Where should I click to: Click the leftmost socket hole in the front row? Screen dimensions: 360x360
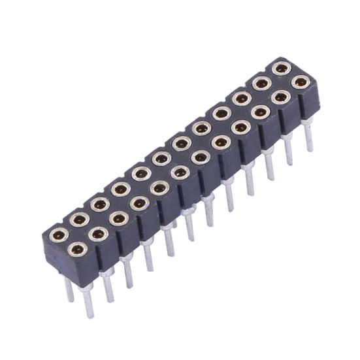click(76, 247)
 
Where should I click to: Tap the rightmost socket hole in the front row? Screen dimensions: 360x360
click(301, 82)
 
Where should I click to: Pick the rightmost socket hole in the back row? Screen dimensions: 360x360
click(282, 67)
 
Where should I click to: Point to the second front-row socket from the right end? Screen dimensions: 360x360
click(280, 97)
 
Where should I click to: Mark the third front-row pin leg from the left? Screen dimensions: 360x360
click(128, 272)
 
